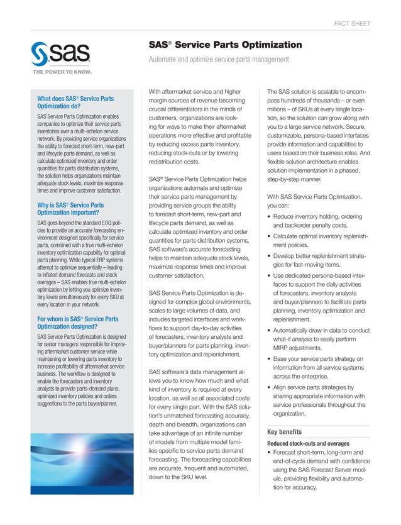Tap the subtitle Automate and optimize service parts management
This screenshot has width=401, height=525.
(218, 60)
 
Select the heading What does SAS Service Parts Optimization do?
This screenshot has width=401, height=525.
(75, 103)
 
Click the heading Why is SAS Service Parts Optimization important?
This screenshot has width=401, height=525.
(70, 209)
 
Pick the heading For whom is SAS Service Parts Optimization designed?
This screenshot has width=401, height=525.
(77, 323)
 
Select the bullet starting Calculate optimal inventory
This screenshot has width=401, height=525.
(317, 241)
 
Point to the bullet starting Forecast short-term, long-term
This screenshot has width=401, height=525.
(317, 470)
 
